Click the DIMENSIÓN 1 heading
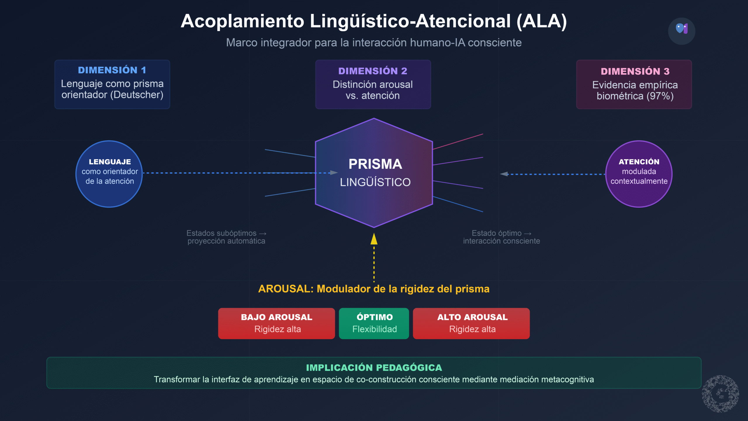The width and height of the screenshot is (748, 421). pyautogui.click(x=112, y=70)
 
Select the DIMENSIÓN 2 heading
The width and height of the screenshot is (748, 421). pyautogui.click(x=373, y=71)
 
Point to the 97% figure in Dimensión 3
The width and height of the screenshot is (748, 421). pyautogui.click(x=660, y=96)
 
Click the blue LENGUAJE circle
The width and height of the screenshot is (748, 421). pyautogui.click(x=109, y=174)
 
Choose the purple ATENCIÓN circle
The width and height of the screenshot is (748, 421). pyautogui.click(x=639, y=174)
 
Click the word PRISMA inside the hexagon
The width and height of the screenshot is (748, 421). pyautogui.click(x=375, y=164)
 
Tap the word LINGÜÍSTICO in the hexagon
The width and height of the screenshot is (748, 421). pyautogui.click(x=375, y=182)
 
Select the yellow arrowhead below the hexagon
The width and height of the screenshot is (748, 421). pyautogui.click(x=374, y=239)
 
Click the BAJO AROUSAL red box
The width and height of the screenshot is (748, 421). pyautogui.click(x=276, y=323)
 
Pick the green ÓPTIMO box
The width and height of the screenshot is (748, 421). pyautogui.click(x=374, y=323)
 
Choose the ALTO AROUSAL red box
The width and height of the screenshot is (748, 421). pyautogui.click(x=471, y=323)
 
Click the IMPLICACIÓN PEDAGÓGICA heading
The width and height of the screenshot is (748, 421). pyautogui.click(x=374, y=367)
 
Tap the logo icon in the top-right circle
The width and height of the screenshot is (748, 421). pyautogui.click(x=682, y=29)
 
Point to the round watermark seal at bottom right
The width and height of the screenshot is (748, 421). pyautogui.click(x=721, y=394)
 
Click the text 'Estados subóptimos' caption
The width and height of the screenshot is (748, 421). pyautogui.click(x=221, y=233)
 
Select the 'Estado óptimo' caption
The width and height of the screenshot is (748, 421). pyautogui.click(x=497, y=233)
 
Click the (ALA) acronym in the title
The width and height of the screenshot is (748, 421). pyautogui.click(x=541, y=21)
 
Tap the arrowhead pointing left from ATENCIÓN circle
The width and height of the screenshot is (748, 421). pyautogui.click(x=504, y=174)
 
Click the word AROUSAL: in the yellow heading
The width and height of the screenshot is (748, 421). pyautogui.click(x=286, y=289)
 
